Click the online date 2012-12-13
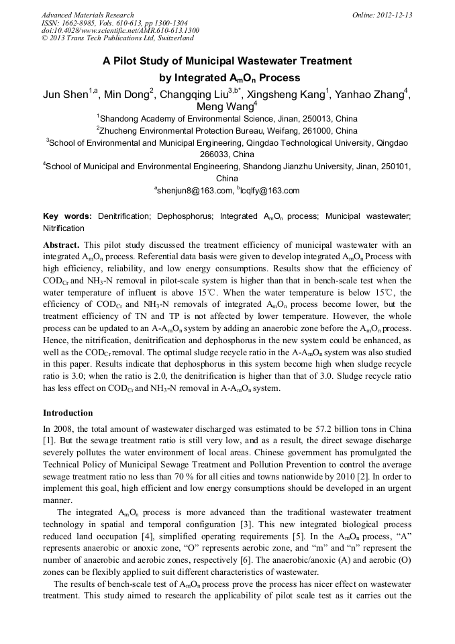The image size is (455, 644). pyautogui.click(x=393, y=15)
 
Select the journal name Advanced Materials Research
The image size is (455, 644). pyautogui.click(x=87, y=15)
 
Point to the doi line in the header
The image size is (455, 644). pyautogui.click(x=120, y=31)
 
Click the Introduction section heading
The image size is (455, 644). pyautogui.click(x=68, y=412)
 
